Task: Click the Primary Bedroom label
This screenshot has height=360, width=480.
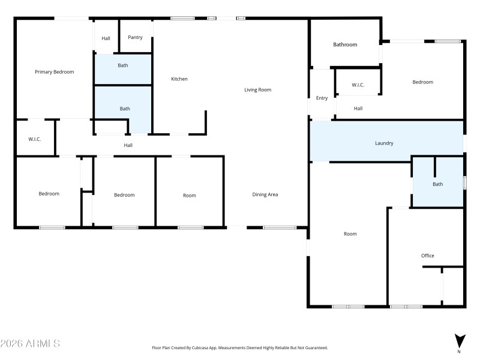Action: pos(54,72)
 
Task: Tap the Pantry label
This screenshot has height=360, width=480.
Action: pos(135,37)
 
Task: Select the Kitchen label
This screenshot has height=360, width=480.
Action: pos(179,79)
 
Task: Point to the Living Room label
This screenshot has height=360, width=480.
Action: pos(257,90)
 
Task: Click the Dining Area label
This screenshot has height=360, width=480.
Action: pos(265,194)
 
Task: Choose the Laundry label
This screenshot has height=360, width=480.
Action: pos(384,143)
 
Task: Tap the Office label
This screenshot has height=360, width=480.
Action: pos(427,256)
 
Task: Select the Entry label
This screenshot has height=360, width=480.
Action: pos(322,98)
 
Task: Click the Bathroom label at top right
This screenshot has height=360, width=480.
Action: pos(345,44)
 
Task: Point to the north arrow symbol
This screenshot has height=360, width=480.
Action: pos(459,341)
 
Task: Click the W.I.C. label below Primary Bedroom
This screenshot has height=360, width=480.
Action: pos(34,139)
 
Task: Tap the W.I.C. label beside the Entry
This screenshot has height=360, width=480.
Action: pos(358,85)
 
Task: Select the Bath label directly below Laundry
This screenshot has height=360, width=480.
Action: pos(438,184)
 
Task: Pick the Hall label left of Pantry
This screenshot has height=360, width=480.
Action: pos(106,38)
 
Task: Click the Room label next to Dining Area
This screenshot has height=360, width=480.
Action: pos(190,196)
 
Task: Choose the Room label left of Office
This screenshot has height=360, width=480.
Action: pos(350,234)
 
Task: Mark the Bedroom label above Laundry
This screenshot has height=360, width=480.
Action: pos(422,82)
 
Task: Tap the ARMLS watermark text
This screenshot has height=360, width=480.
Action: pos(30,344)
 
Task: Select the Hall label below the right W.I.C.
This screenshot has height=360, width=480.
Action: pos(358,109)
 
